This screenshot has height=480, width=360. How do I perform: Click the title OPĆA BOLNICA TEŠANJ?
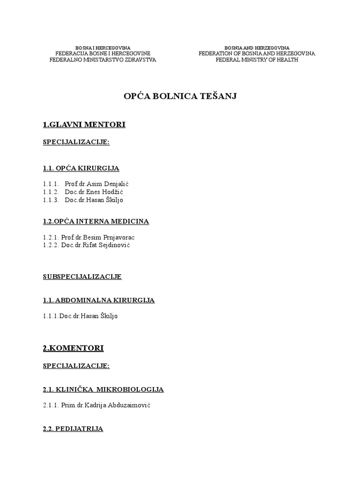coord(180,96)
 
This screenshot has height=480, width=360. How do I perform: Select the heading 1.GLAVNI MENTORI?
coord(84,125)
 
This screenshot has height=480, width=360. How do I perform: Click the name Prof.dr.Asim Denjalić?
coord(96,183)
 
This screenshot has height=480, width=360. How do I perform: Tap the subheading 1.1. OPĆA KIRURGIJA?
coord(81,168)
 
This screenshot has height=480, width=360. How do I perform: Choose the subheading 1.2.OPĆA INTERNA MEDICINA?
coord(96,221)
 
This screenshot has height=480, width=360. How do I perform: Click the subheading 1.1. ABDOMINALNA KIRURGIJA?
coord(98,300)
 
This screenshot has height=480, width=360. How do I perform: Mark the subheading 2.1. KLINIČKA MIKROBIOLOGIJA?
coord(103,389)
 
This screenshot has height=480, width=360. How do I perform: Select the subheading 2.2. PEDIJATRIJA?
coord(73,428)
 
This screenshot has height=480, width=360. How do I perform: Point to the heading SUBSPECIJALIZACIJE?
coord(82,277)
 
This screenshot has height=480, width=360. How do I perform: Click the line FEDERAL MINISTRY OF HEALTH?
coord(257,60)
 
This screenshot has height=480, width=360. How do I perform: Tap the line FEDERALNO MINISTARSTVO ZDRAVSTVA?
coord(103,60)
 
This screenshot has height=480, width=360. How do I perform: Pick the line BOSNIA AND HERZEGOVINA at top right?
coord(257,48)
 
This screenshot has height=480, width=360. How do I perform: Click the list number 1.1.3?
coord(50,200)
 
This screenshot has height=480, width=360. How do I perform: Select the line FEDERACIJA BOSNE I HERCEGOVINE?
coord(103,54)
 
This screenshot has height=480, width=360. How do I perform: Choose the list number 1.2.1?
coord(50,237)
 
